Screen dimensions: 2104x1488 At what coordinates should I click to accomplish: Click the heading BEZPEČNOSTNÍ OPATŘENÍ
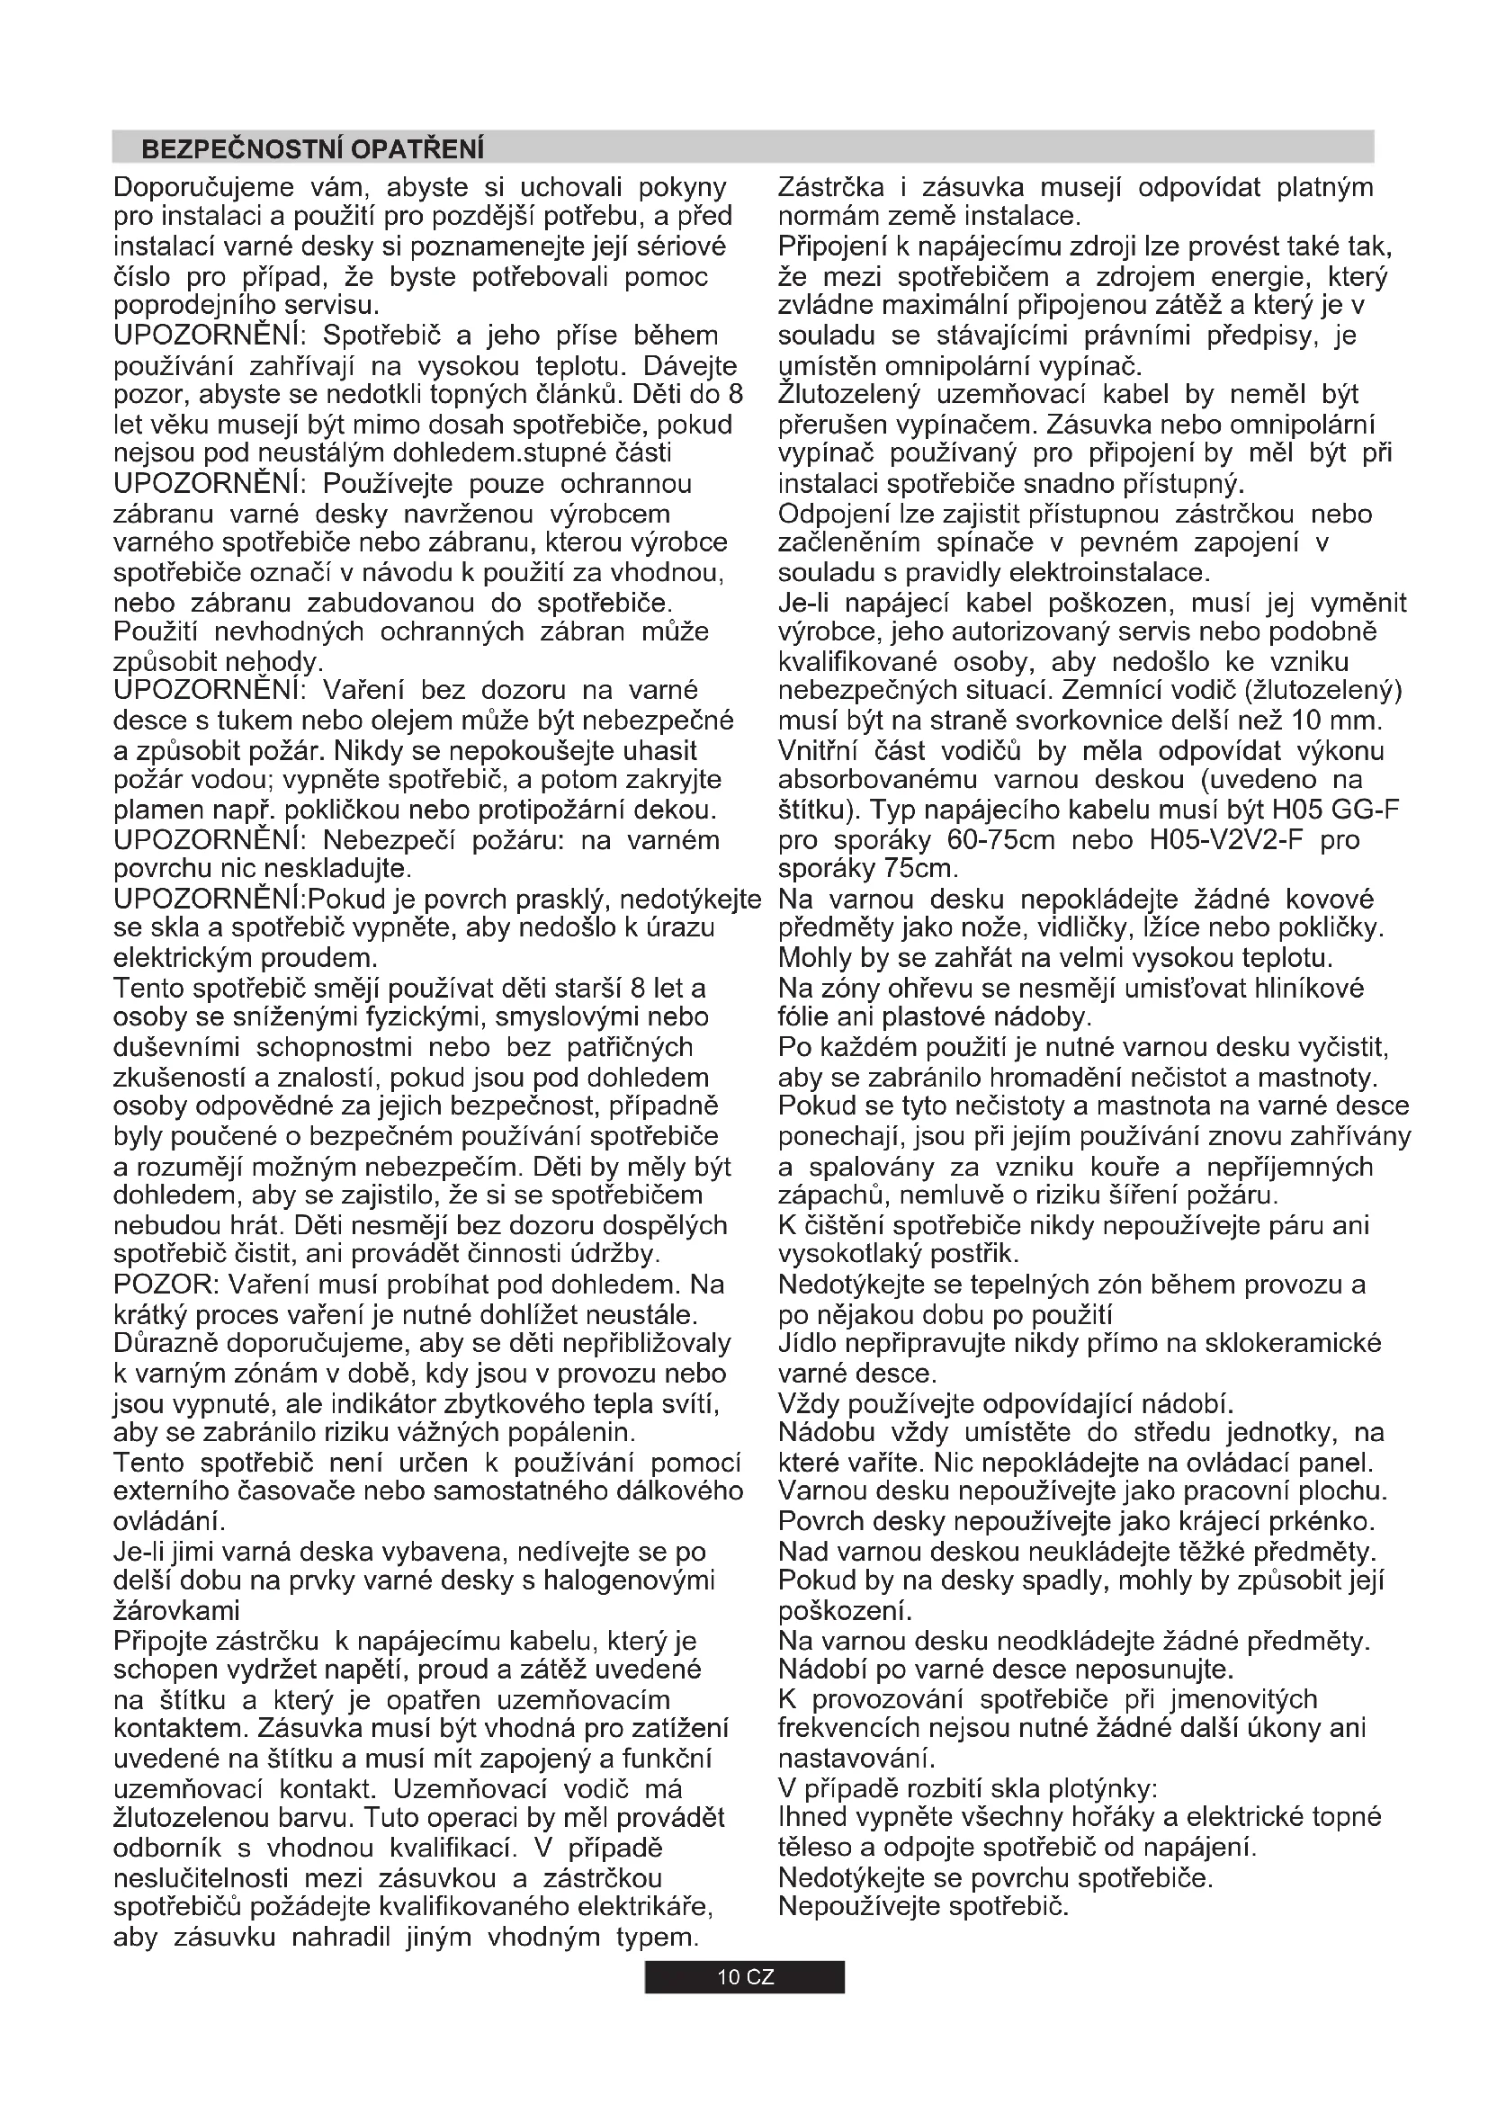click(312, 148)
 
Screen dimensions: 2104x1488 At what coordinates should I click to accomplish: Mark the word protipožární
click(565, 811)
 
